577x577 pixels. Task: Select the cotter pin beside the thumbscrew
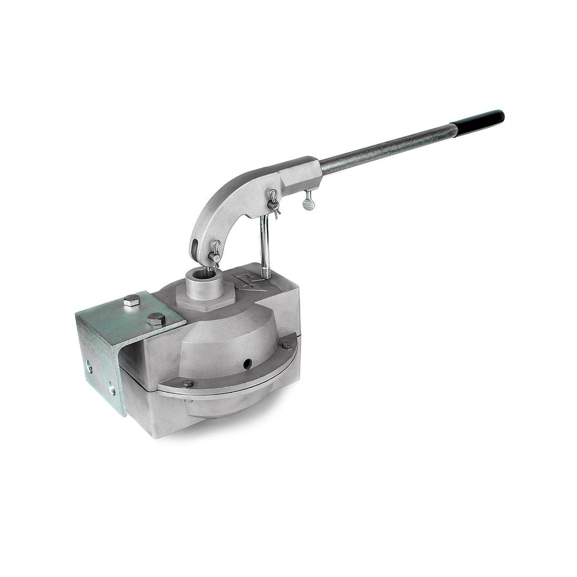[274, 202]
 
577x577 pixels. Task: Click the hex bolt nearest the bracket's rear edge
[131, 302]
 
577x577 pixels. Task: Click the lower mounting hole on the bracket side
[111, 388]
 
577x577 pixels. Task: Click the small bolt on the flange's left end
[188, 383]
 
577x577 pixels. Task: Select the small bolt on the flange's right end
[286, 345]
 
